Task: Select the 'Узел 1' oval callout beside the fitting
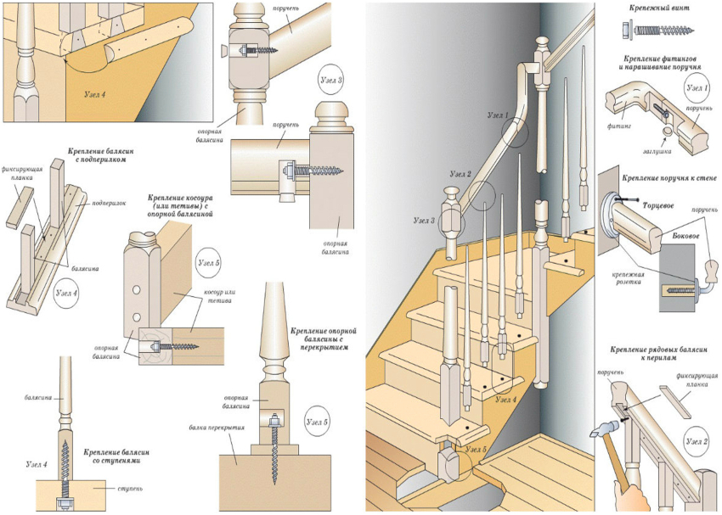[697, 87]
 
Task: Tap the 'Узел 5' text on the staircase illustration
[476, 449]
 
